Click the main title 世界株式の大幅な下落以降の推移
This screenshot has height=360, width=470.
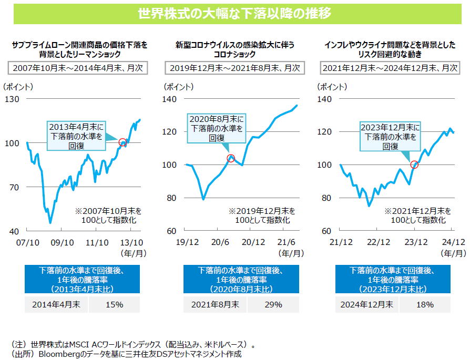coord(234,14)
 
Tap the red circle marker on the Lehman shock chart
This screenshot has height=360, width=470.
coord(122,142)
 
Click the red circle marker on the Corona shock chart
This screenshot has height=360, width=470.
coord(230,158)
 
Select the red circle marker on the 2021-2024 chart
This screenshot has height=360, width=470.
coord(414,164)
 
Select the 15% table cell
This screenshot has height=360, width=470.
coord(114,304)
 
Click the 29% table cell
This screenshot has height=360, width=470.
coord(273,304)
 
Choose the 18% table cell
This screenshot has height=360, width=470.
coord(424,304)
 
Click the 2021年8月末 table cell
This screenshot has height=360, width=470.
coord(216,304)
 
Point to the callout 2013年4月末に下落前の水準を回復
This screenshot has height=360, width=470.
coord(76,136)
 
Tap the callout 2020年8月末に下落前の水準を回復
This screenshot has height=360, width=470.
coord(217,128)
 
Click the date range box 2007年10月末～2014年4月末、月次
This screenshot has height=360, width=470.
coord(77,68)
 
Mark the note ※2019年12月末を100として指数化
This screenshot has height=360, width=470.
coord(261,215)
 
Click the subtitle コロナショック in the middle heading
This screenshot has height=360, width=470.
coord(234,54)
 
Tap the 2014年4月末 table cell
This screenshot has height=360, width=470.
coord(56,304)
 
